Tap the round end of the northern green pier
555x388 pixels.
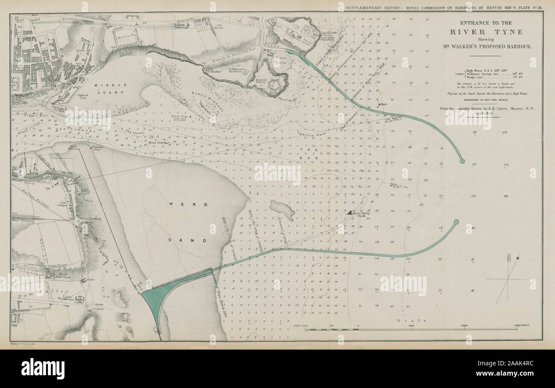pos(462,161)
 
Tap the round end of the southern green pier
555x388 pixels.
pos(456,222)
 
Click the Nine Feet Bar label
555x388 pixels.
pos(159,143)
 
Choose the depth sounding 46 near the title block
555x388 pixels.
pos(505,133)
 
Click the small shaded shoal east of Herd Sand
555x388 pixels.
pos(282,210)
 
